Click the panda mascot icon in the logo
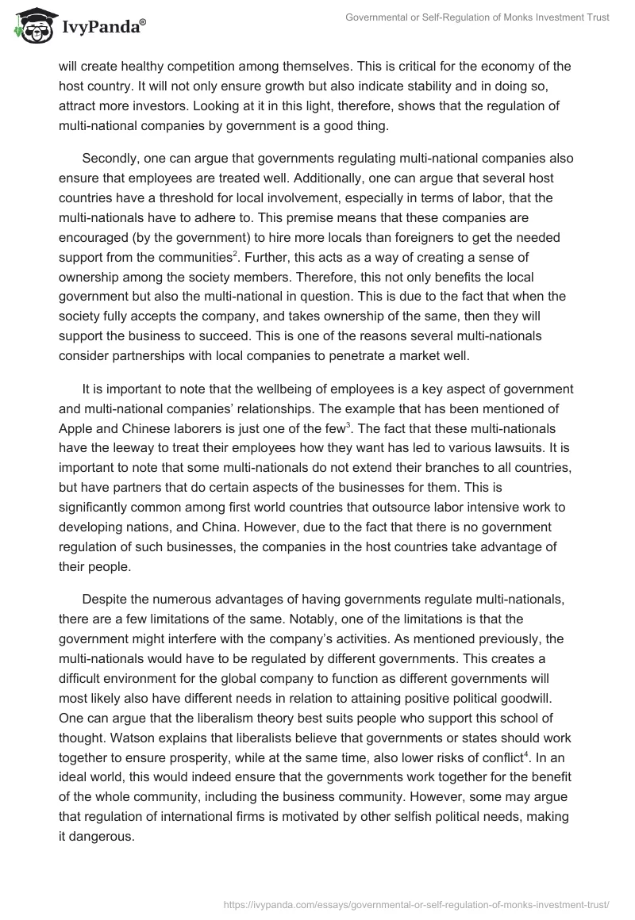(x=31, y=25)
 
